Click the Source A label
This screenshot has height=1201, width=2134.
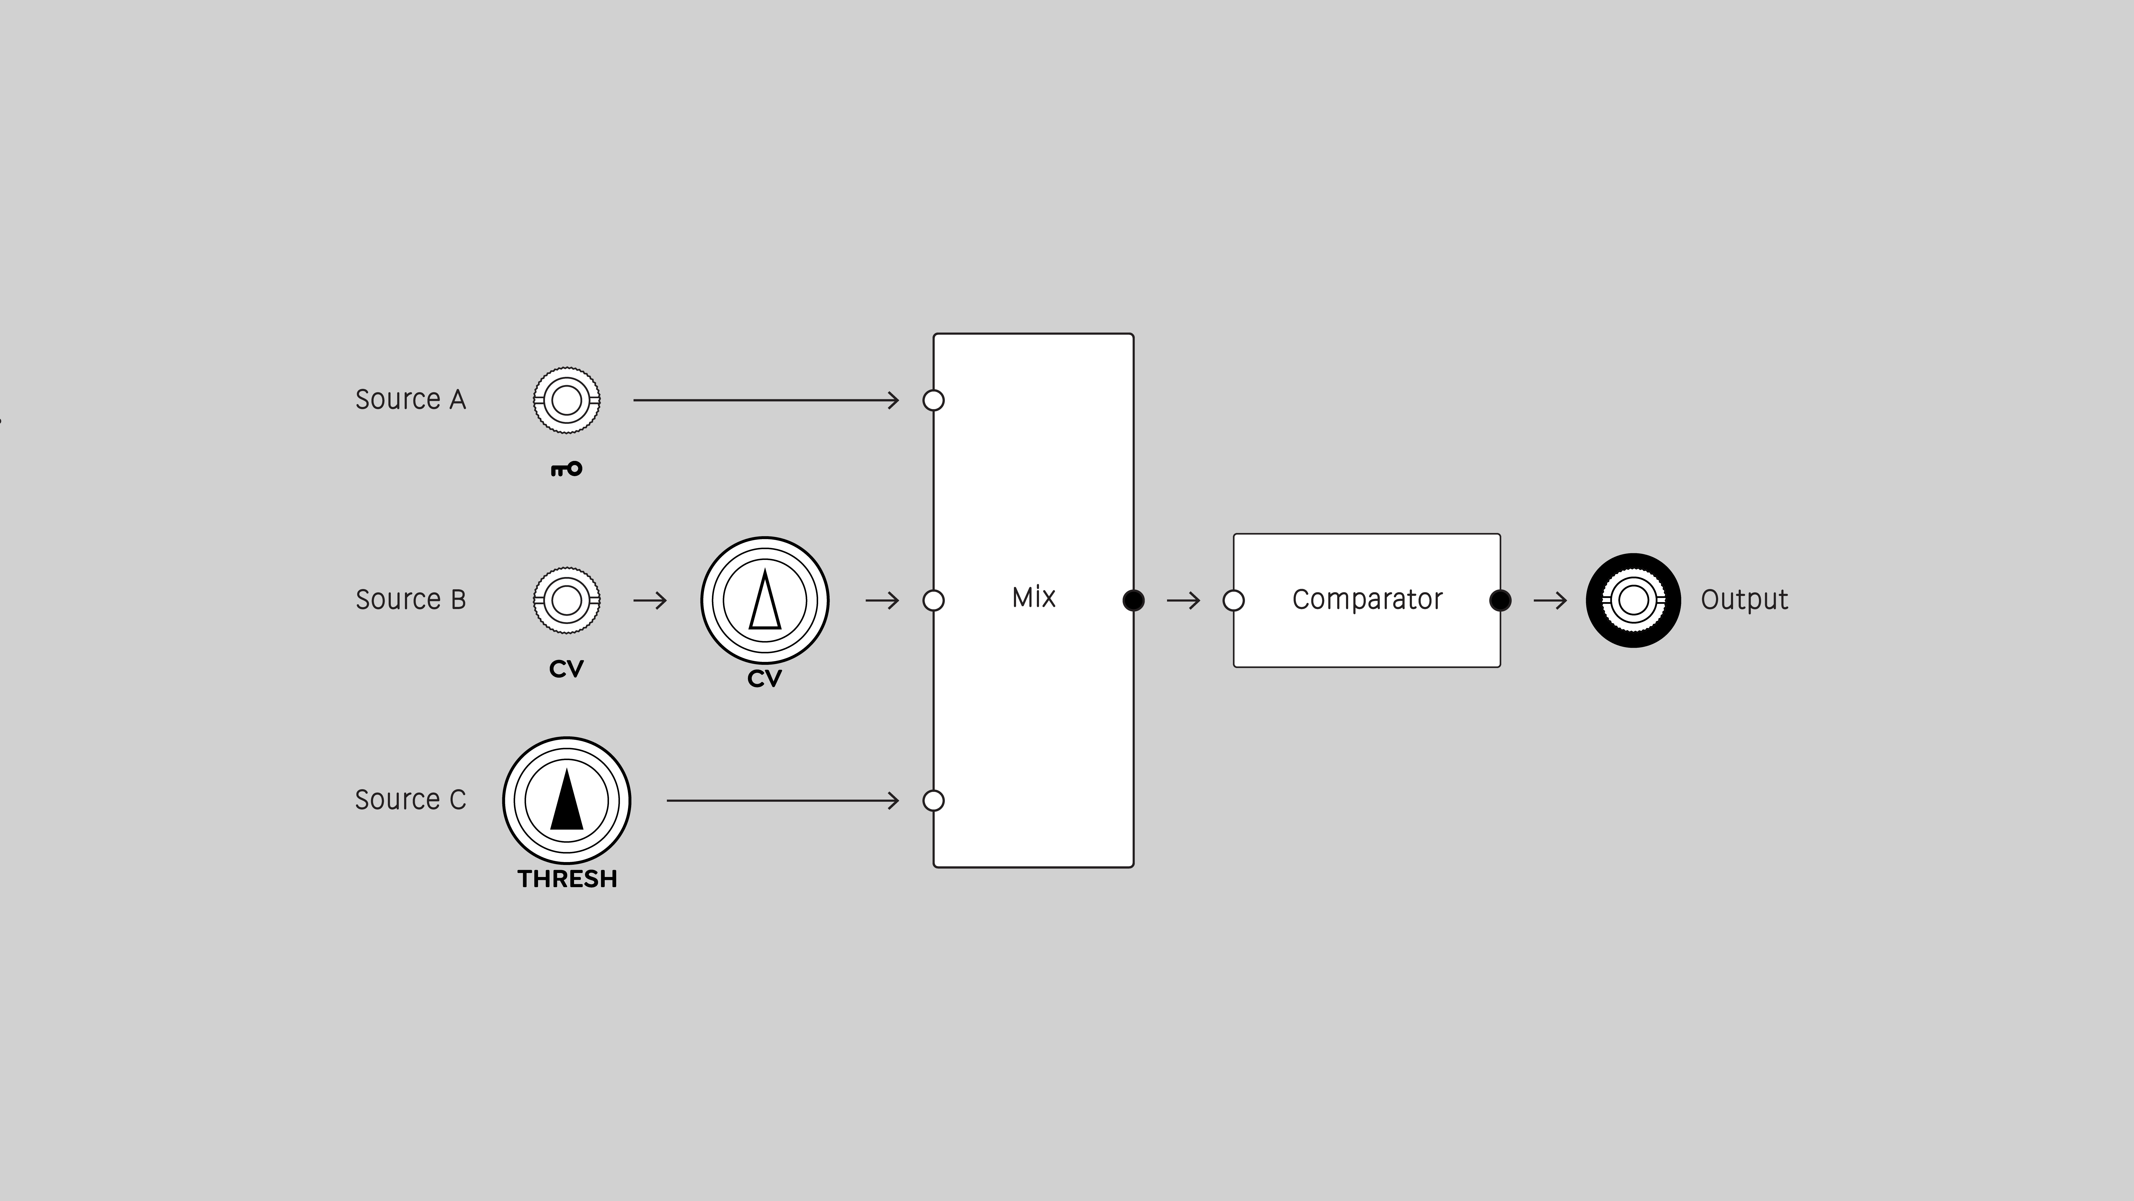(410, 400)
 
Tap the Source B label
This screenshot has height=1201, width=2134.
(410, 599)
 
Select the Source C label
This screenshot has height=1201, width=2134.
(410, 800)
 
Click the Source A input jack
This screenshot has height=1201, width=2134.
(567, 400)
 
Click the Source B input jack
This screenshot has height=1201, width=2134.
(567, 600)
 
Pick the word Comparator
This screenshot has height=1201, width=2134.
(1367, 599)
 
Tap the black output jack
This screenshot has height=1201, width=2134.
(1633, 600)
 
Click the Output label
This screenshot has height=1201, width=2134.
(1744, 599)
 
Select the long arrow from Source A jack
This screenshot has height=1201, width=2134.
(766, 400)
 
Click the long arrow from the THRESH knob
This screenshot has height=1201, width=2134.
(783, 801)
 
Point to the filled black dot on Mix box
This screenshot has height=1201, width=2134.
(1133, 600)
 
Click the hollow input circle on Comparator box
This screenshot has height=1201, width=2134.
(1233, 600)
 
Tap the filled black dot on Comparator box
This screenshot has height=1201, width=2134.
(1499, 600)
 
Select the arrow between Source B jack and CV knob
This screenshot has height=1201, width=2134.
(650, 600)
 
